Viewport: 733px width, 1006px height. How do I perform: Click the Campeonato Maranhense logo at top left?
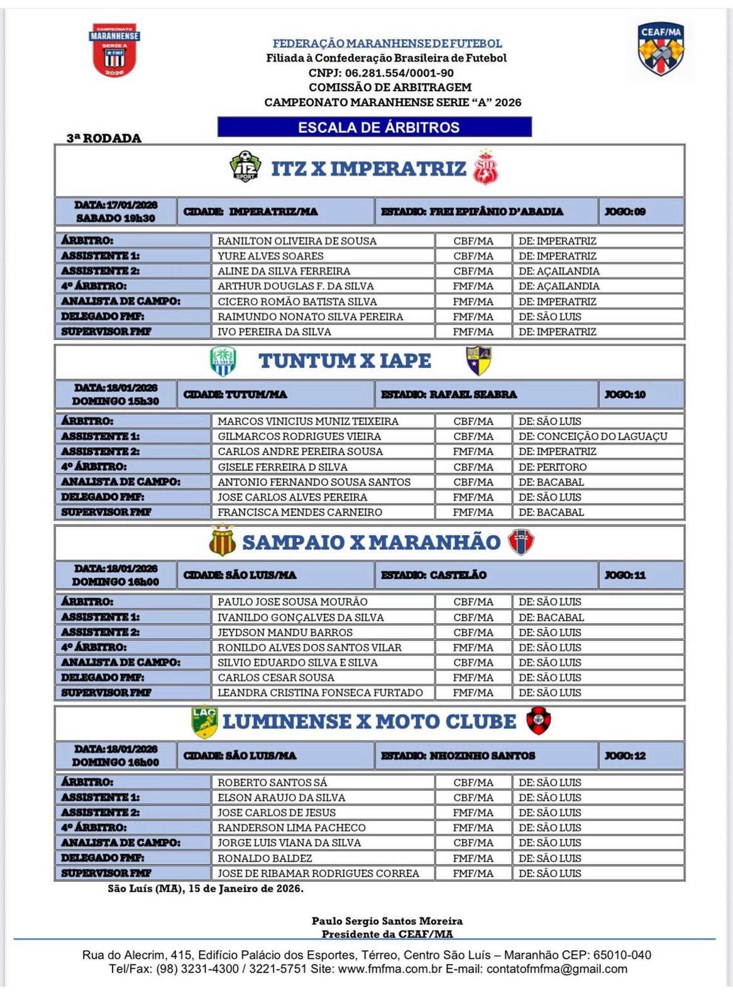pos(114,50)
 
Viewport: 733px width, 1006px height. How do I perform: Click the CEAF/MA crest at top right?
pos(661,50)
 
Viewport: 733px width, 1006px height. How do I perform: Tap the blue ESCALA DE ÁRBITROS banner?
pos(375,127)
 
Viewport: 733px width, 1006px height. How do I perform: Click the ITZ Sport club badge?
pos(245,167)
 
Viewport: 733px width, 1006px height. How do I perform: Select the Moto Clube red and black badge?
pos(538,721)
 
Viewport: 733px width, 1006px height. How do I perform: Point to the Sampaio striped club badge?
pos(223,541)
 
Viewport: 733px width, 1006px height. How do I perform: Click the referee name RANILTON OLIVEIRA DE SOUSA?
pos(297,241)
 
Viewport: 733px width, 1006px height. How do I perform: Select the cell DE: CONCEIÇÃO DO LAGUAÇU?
pos(593,436)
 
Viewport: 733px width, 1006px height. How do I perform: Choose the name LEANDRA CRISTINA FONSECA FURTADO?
pos(320,692)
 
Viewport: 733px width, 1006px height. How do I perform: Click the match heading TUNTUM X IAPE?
pos(344,361)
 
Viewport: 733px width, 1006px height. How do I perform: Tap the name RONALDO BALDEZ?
pos(265,858)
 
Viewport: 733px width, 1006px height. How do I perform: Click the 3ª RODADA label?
pos(104,138)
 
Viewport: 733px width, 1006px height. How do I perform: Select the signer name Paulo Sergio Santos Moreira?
pos(387,920)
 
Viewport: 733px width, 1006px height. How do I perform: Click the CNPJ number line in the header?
pos(381,73)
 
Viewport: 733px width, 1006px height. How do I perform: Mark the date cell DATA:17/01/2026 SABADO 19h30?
pos(116,211)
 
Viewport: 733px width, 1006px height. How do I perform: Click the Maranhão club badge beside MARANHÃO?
pos(521,541)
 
